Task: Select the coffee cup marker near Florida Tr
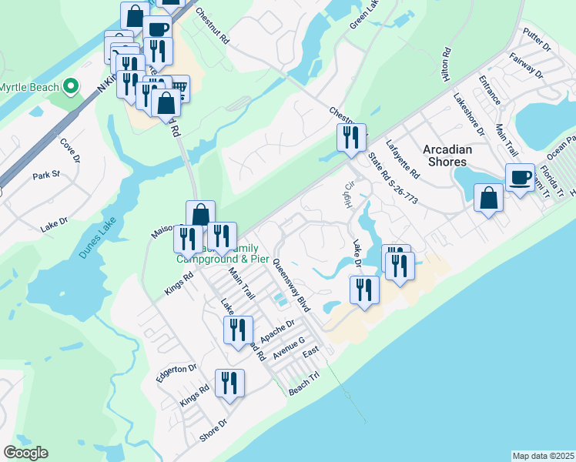point(520,179)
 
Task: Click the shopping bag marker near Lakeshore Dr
point(489,199)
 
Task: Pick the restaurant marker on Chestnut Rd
point(351,139)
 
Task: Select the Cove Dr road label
point(69,150)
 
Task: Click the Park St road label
point(46,176)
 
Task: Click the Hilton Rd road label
point(445,65)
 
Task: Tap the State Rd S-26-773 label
point(393,179)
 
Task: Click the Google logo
point(25,453)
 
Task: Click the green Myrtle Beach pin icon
point(72,86)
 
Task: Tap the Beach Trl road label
point(303,387)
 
